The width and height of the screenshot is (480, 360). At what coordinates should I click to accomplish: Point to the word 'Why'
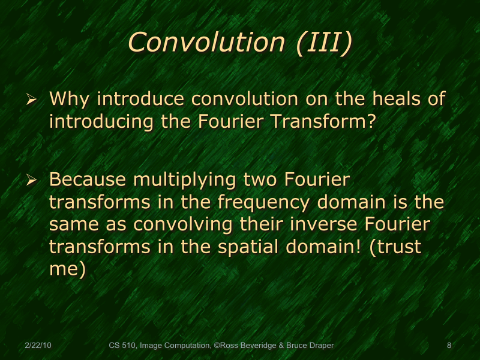(71, 99)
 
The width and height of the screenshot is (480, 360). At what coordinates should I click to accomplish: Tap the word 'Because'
(88, 180)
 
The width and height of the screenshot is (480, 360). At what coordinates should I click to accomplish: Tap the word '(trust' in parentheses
(396, 247)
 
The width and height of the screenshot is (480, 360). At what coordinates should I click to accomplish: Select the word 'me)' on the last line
(68, 269)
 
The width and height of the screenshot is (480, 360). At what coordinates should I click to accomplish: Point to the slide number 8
(449, 346)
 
